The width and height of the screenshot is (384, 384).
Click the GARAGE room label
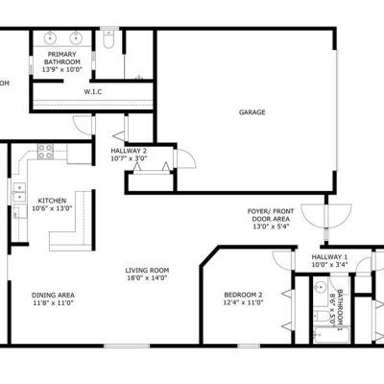[x=252, y=112]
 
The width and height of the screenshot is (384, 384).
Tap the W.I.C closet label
[x=93, y=92]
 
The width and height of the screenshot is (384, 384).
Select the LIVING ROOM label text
[x=147, y=271]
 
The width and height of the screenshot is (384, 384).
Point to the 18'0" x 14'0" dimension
[x=147, y=278]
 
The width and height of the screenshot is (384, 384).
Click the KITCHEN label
[x=52, y=201]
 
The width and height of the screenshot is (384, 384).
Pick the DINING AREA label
[x=53, y=296]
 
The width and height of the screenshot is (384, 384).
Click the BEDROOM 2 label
[x=243, y=295]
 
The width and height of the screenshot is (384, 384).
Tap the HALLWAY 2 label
[x=129, y=151]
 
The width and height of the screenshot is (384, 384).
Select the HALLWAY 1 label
[x=329, y=257]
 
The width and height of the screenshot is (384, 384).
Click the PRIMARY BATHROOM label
[x=62, y=59]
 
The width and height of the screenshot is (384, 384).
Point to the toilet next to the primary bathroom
[x=108, y=39]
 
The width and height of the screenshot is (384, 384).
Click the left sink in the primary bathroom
[x=50, y=37]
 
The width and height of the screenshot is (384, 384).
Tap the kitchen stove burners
[x=45, y=152]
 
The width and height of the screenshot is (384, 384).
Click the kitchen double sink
[x=19, y=191]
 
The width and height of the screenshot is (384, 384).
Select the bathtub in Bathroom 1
[x=331, y=335]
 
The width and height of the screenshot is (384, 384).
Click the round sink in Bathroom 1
[x=320, y=287]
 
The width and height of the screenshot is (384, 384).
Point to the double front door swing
[x=326, y=216]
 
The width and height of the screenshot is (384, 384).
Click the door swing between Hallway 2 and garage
[x=185, y=158]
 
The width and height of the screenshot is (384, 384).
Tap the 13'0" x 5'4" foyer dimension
[x=271, y=227]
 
